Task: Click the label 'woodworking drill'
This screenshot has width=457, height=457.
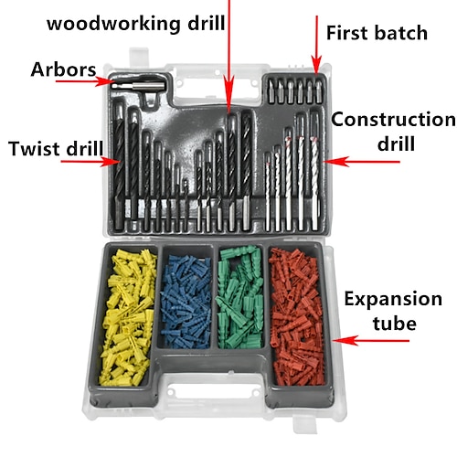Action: pos(136,24)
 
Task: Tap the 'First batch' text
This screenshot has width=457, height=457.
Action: pos(377,33)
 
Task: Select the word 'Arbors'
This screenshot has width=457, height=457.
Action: pos(63,69)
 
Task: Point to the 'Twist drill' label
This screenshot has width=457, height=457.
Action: pos(56,148)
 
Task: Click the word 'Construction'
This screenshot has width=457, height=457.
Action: pos(393,119)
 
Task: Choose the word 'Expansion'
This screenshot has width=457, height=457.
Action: pos(393,299)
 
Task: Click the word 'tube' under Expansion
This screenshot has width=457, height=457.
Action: pos(395,323)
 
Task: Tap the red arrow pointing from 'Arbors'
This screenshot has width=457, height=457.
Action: pos(85,81)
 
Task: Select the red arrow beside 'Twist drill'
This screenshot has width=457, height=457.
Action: pos(91,162)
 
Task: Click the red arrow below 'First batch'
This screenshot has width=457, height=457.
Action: pos(316,45)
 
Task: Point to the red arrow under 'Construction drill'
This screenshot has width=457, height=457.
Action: pos(362,162)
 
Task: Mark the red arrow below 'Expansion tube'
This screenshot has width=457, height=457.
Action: pos(371,340)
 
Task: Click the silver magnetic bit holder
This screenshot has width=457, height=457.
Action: pos(138,85)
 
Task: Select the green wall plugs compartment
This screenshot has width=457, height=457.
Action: pos(240,298)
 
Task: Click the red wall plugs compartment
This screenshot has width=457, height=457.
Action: pos(296,317)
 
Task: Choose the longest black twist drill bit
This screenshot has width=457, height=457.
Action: pos(119,166)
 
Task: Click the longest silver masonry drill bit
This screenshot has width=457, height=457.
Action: pos(314,171)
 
